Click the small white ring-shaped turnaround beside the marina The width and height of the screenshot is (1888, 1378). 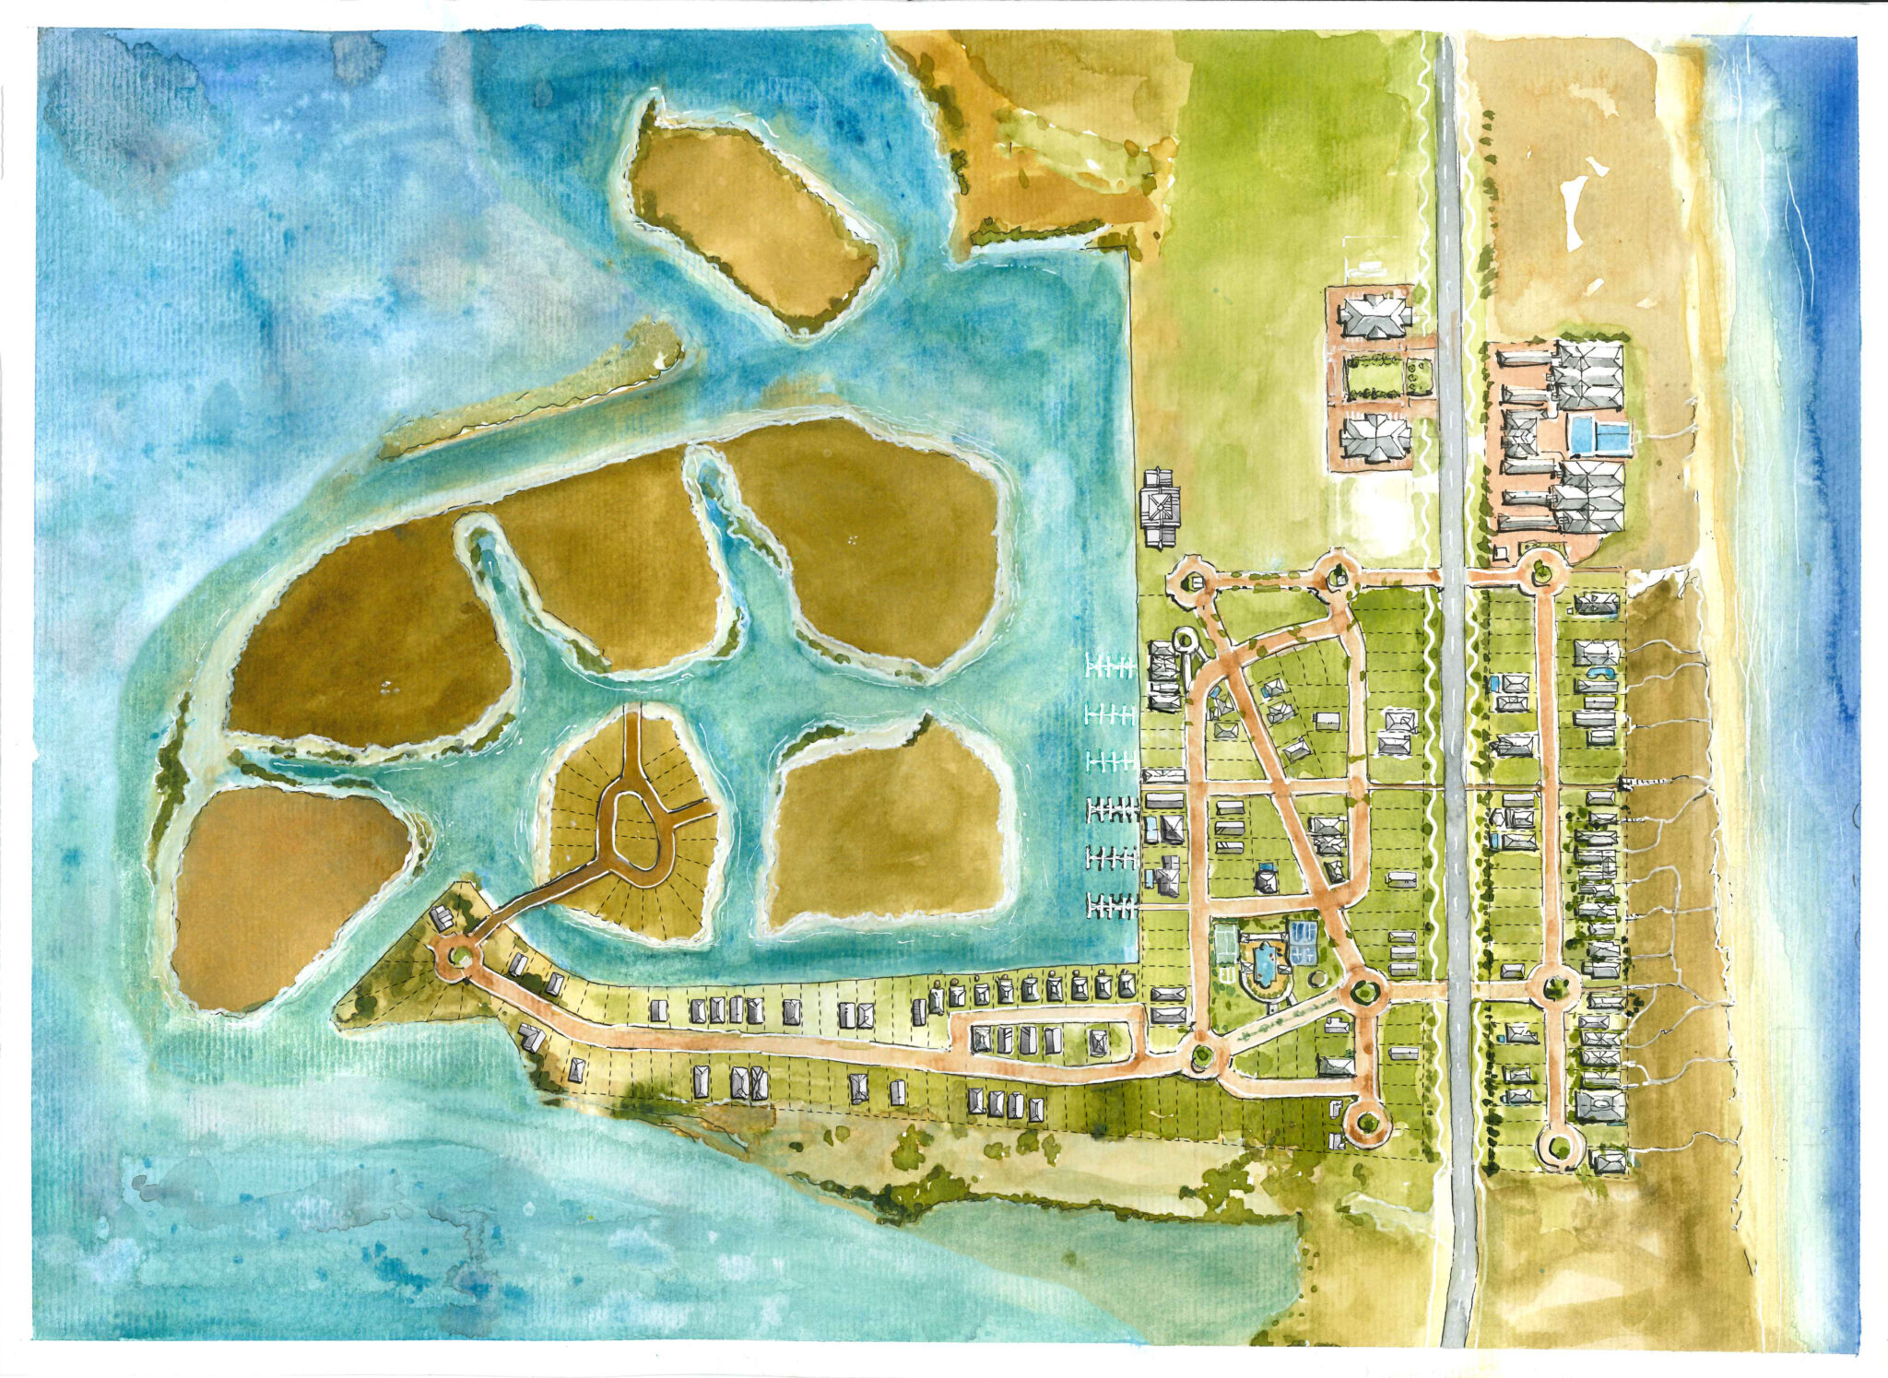click(x=1184, y=638)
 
